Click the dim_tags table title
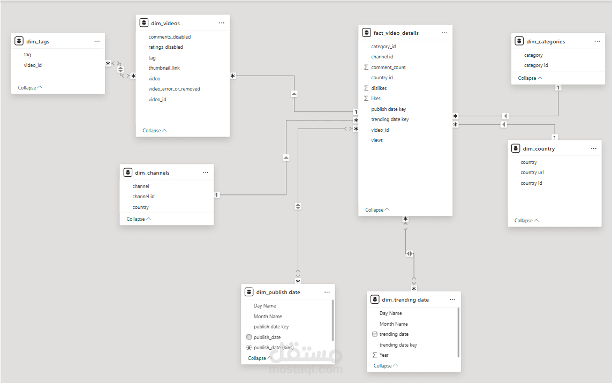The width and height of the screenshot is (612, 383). coord(38,41)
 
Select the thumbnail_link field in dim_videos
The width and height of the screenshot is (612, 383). coord(164,68)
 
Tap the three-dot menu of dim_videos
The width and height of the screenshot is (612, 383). coord(222,23)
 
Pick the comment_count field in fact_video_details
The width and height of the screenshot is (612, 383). coord(388,67)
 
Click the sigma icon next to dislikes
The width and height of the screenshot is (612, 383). coord(366,88)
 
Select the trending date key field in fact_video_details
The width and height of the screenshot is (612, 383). coord(390,119)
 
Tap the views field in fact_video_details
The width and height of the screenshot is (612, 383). coord(377,140)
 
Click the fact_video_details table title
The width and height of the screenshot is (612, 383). coord(396,33)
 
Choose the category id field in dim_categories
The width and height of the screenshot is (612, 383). coord(536,65)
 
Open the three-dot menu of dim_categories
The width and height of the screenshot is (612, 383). coord(597,41)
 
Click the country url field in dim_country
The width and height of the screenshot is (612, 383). coord(532,172)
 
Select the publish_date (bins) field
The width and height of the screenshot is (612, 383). coord(274,348)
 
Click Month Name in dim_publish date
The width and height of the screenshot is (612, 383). coord(268,317)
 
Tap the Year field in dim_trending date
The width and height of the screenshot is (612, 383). coord(384,355)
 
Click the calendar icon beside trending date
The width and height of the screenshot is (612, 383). coord(375,334)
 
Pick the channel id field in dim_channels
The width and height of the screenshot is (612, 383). coord(143,197)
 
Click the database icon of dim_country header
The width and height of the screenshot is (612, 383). coord(516,148)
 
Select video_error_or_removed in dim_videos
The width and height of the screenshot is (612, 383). coord(174,89)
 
